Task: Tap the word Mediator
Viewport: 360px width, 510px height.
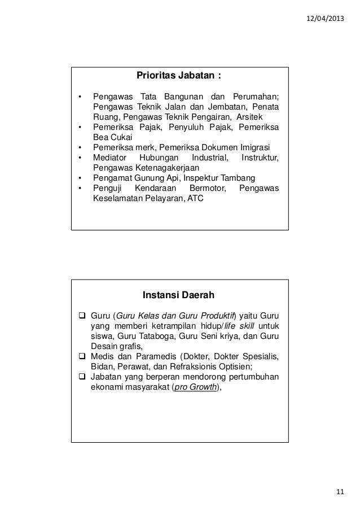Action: (111, 157)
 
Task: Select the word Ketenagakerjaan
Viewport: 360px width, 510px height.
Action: (167, 168)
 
